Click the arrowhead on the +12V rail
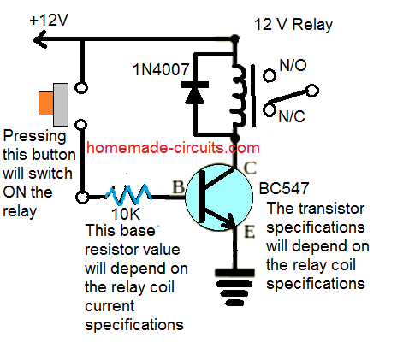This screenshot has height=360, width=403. pyautogui.click(x=10, y=39)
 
